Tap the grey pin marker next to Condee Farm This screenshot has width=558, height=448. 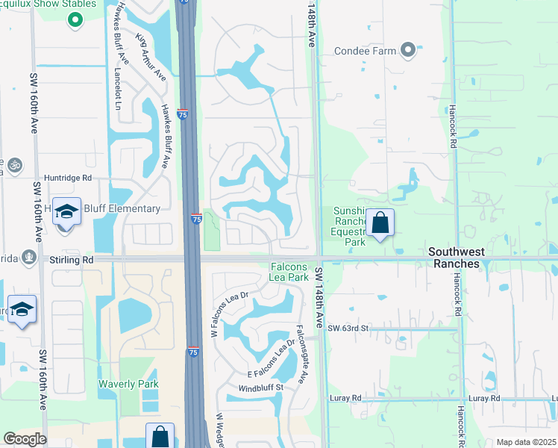[x=407, y=51]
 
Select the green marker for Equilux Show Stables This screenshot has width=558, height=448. [x=74, y=19]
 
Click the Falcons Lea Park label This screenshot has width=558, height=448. [x=288, y=272]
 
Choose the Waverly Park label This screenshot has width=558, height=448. [x=129, y=384]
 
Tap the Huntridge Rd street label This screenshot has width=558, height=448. [x=67, y=178]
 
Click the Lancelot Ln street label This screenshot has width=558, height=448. [x=117, y=78]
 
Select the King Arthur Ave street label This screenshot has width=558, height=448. [x=151, y=56]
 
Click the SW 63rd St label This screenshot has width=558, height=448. [x=348, y=328]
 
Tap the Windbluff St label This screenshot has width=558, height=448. [x=261, y=388]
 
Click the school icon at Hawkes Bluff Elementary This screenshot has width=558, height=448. [x=66, y=213]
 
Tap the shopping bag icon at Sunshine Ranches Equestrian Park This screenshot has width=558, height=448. [x=380, y=223]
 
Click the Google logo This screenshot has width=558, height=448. [x=25, y=439]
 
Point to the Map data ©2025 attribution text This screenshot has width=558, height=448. [x=526, y=442]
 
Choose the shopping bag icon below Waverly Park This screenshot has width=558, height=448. [x=160, y=436]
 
